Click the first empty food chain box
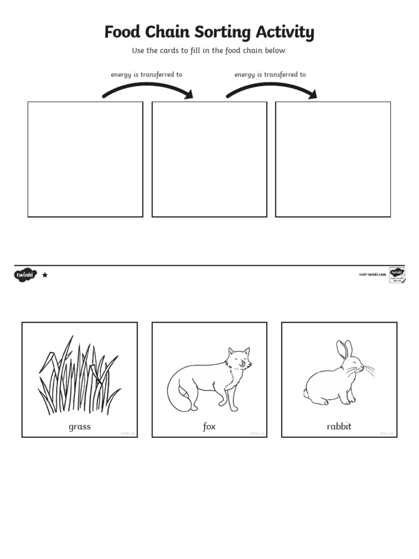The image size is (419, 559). (x=85, y=159)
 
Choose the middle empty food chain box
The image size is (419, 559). (x=209, y=159)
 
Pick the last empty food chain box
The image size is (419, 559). (x=333, y=159)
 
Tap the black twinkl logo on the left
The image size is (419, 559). (x=25, y=275)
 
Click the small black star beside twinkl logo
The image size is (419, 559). (x=45, y=275)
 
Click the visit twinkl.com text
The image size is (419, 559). (x=373, y=275)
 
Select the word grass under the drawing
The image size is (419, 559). (x=80, y=427)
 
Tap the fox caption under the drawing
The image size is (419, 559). (x=209, y=427)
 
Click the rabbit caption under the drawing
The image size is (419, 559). (x=339, y=427)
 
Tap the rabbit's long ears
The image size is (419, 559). (x=344, y=349)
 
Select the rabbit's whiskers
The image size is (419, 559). (x=368, y=371)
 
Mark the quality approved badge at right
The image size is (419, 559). (x=397, y=275)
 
